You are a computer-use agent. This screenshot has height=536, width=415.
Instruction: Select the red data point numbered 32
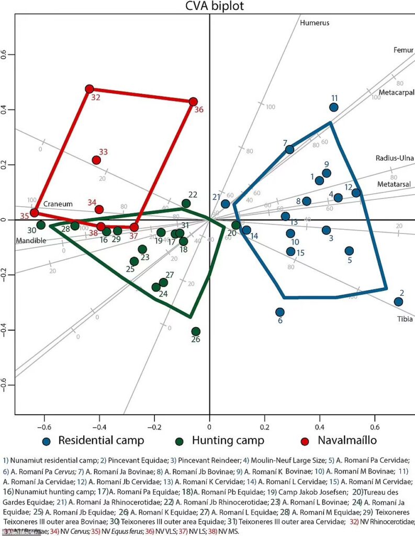pyautogui.click(x=89, y=89)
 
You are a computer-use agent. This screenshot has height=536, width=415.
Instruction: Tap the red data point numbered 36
pyautogui.click(x=193, y=102)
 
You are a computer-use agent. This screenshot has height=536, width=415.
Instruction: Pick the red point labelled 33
pyautogui.click(x=96, y=160)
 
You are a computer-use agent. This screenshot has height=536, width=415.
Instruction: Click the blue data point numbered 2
pyautogui.click(x=398, y=301)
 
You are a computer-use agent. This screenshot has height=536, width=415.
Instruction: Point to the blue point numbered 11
pyautogui.click(x=333, y=107)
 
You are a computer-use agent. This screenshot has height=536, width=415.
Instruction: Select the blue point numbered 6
pyautogui.click(x=280, y=312)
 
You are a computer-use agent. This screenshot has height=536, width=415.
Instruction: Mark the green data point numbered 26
pyautogui.click(x=196, y=331)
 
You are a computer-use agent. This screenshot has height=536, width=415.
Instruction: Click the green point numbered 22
pyautogui.click(x=186, y=203)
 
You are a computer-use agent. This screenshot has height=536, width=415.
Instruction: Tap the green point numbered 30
pyautogui.click(x=41, y=225)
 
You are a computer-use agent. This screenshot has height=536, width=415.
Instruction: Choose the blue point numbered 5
pyautogui.click(x=349, y=251)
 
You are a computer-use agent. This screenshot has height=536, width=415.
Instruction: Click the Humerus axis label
pyautogui.click(x=314, y=23)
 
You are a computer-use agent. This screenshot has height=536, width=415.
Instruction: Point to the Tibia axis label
pyautogui.click(x=405, y=319)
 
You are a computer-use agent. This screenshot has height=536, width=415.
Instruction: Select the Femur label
pyautogui.click(x=403, y=50)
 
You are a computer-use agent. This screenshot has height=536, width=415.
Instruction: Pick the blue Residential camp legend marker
pyautogui.click(x=48, y=441)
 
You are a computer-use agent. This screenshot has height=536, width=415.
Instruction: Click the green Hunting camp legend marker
pyautogui.click(x=180, y=441)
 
